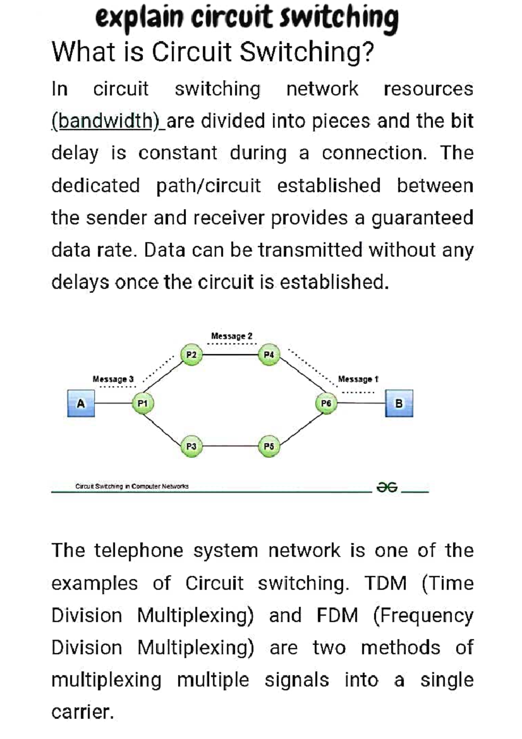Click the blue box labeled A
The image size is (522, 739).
point(81,403)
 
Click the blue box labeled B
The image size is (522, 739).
point(399,403)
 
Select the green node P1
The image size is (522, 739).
point(143,403)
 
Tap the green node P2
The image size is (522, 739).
point(191,355)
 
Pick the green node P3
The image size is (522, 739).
point(191,447)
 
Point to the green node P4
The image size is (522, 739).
point(269,355)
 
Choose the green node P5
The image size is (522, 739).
point(269,447)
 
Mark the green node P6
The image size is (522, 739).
point(326,403)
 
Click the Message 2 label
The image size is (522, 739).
point(231,336)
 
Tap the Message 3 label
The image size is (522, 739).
point(113,379)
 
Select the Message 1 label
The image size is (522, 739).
point(358,379)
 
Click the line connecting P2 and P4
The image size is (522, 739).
point(230,355)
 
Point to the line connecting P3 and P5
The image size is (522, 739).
point(230,446)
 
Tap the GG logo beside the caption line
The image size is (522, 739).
point(387,487)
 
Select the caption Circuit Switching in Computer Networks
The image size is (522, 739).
point(132,486)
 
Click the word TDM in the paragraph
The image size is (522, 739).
point(385,583)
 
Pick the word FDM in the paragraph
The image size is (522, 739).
point(337,615)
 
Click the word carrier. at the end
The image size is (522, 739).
point(83,712)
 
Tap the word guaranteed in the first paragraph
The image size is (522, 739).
point(422,218)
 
